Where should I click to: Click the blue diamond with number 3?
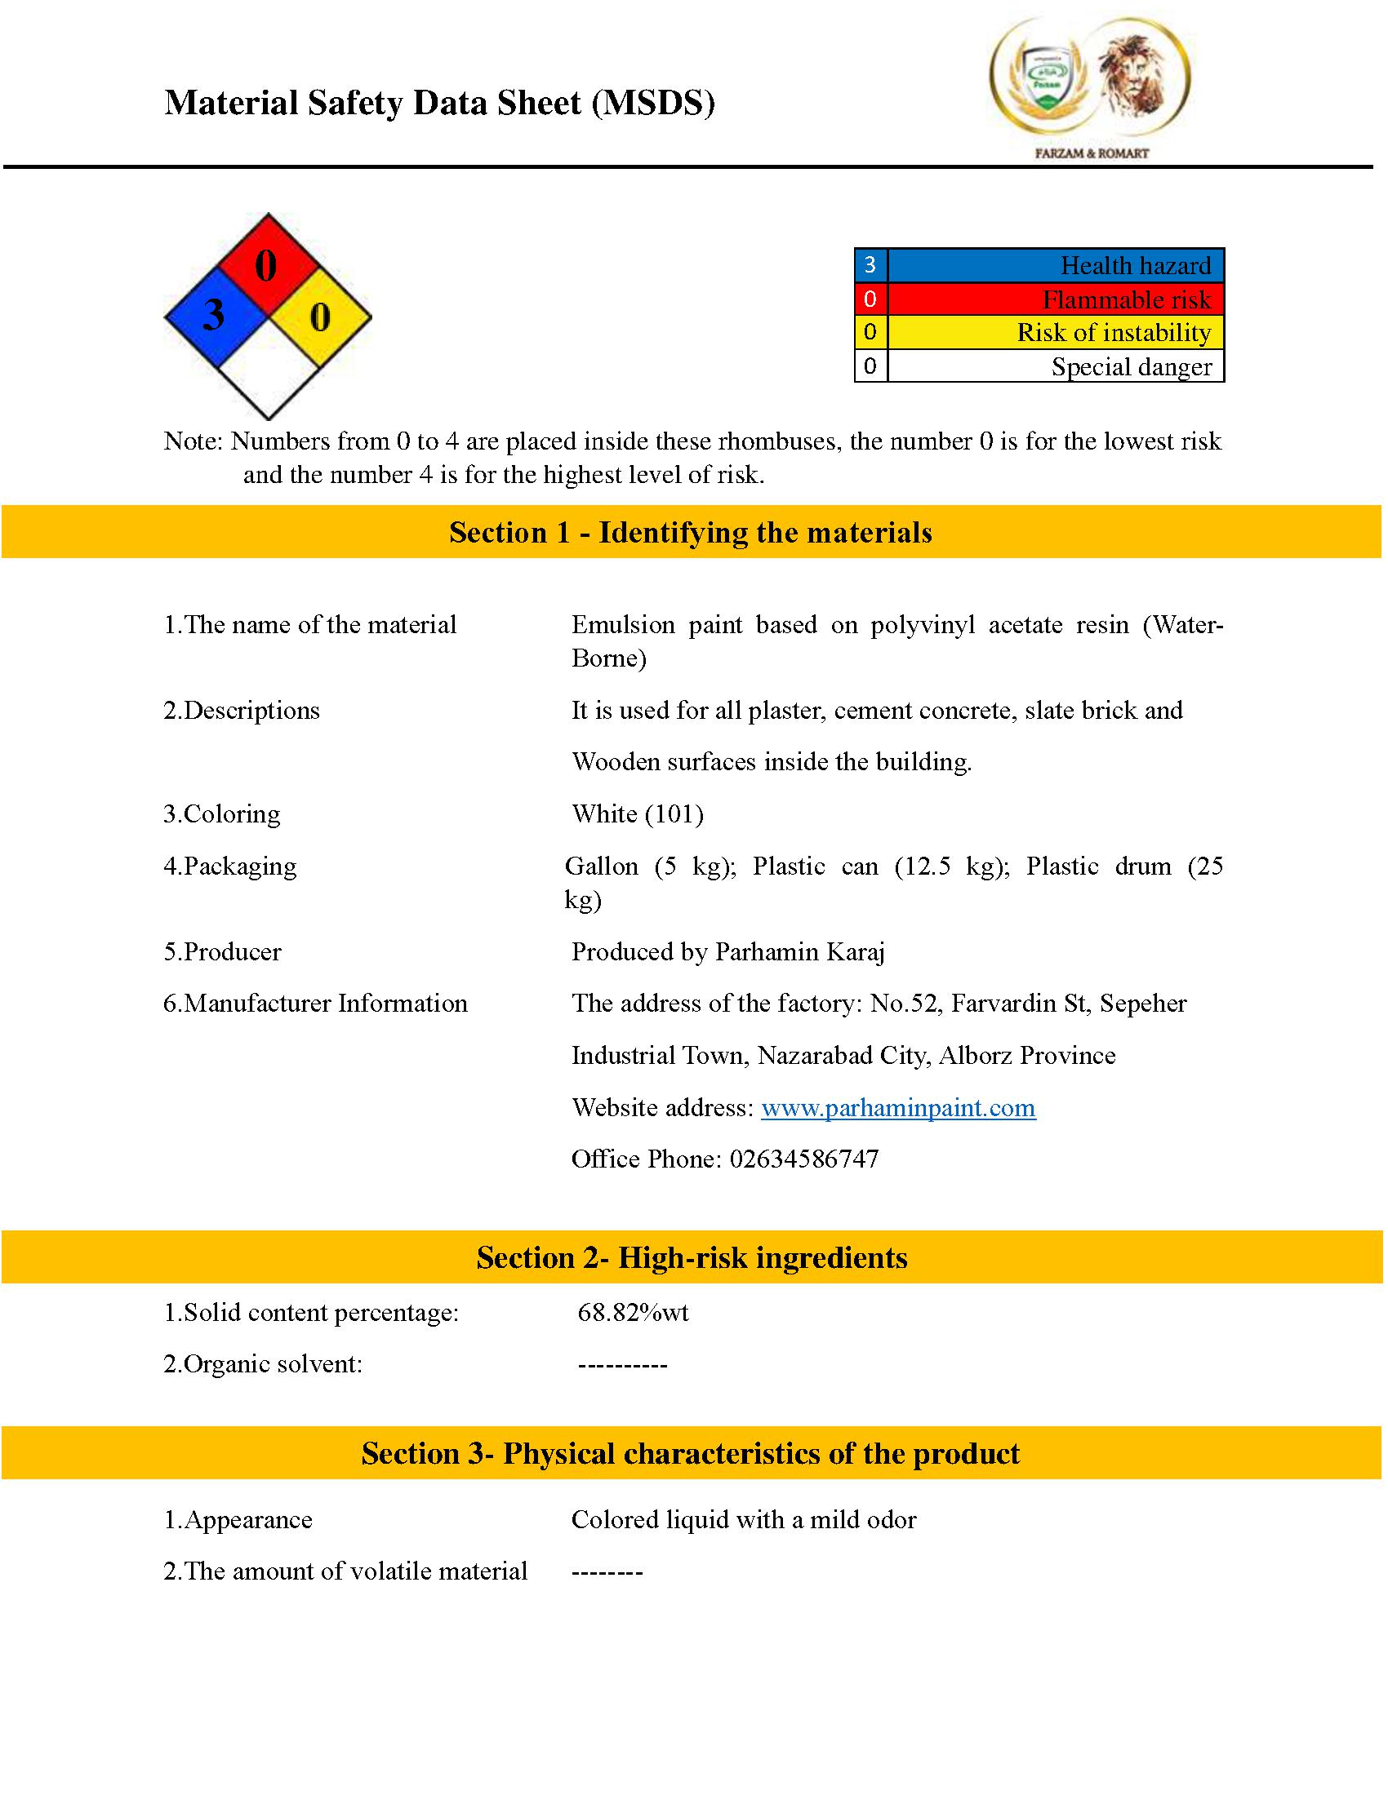[x=216, y=317]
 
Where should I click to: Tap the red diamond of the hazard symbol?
[x=267, y=264]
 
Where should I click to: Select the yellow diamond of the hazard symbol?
[x=321, y=317]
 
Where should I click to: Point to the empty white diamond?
[x=268, y=368]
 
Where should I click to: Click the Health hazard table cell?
[x=1055, y=265]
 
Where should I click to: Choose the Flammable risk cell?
[x=1055, y=299]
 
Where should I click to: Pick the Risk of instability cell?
[x=1055, y=333]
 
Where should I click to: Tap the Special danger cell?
[x=1055, y=366]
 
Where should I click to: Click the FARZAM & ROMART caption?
[x=1091, y=153]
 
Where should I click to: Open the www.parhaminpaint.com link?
[x=898, y=1108]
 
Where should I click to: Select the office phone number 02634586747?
[x=803, y=1159]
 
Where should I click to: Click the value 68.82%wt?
[x=633, y=1313]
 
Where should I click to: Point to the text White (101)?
[x=638, y=814]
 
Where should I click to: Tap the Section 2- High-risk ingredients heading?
[x=692, y=1258]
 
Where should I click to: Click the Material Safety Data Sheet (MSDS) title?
[x=440, y=104]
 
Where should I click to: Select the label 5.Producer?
[x=222, y=951]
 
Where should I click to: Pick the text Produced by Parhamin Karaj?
[x=727, y=951]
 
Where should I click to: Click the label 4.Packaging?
[x=229, y=866]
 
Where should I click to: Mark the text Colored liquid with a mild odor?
[x=743, y=1520]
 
